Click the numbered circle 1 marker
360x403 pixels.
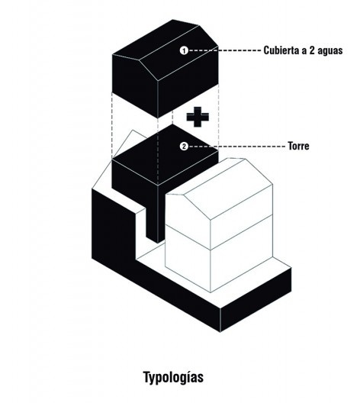pyautogui.click(x=184, y=50)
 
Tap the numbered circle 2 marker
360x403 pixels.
pyautogui.click(x=184, y=147)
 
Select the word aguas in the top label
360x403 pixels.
pyautogui.click(x=330, y=50)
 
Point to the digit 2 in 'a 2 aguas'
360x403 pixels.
pyautogui.click(x=312, y=50)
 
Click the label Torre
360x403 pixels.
pyautogui.click(x=298, y=146)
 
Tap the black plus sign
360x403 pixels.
pyautogui.click(x=198, y=117)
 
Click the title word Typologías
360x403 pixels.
pyautogui.click(x=174, y=378)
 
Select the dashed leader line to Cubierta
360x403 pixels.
pyautogui.click(x=224, y=50)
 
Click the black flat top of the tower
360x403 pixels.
pyautogui.click(x=166, y=154)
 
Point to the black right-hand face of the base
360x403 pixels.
pyautogui.click(x=256, y=300)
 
